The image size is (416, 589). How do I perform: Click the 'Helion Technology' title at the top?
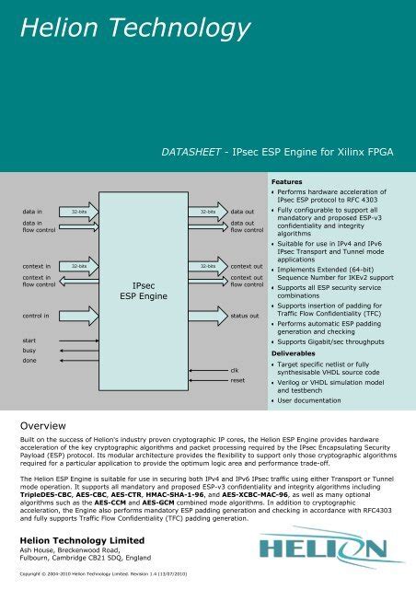pos(121,30)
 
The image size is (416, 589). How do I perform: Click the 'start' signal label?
pos(29,341)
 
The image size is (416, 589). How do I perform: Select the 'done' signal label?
pos(29,362)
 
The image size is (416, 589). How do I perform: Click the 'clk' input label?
pos(236,369)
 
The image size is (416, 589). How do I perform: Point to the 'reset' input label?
pos(237,380)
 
